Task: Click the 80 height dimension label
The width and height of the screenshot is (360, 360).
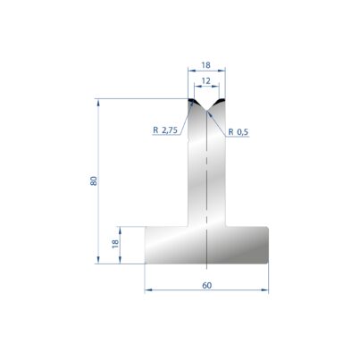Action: pos(94,181)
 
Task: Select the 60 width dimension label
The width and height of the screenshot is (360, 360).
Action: pos(206,285)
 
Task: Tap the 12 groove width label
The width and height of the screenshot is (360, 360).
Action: pos(205,81)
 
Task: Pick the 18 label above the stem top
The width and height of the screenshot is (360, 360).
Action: pos(205,65)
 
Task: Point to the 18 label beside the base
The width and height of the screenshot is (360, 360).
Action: pos(115,244)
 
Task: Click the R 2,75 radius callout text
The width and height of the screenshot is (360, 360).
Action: pos(165,130)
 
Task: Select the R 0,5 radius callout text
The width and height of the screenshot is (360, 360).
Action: pos(239,131)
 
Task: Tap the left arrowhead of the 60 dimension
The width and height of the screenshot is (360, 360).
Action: pos(148,289)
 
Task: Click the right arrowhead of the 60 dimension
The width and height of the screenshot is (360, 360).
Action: pos(264,289)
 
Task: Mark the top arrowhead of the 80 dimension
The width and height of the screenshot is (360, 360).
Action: pos(98,103)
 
